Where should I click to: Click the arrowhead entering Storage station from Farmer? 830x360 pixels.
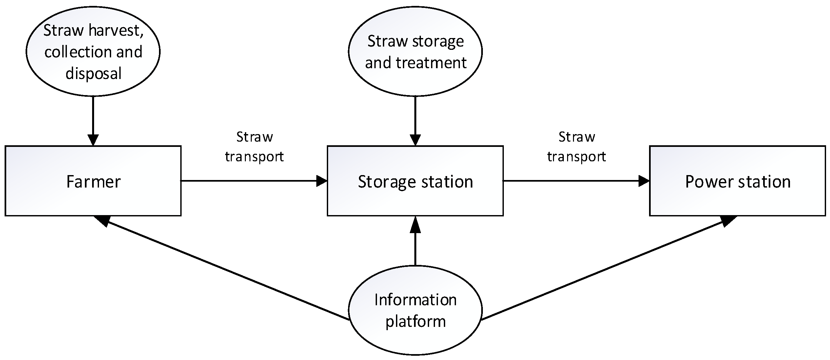click(x=322, y=181)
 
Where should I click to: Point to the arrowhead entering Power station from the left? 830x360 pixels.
click(x=644, y=181)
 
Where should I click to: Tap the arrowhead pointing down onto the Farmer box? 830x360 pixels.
click(x=93, y=140)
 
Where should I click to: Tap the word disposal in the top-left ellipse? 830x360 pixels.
click(x=94, y=73)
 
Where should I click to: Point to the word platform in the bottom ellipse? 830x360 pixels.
click(x=415, y=321)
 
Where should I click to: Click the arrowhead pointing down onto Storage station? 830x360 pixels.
click(x=415, y=140)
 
